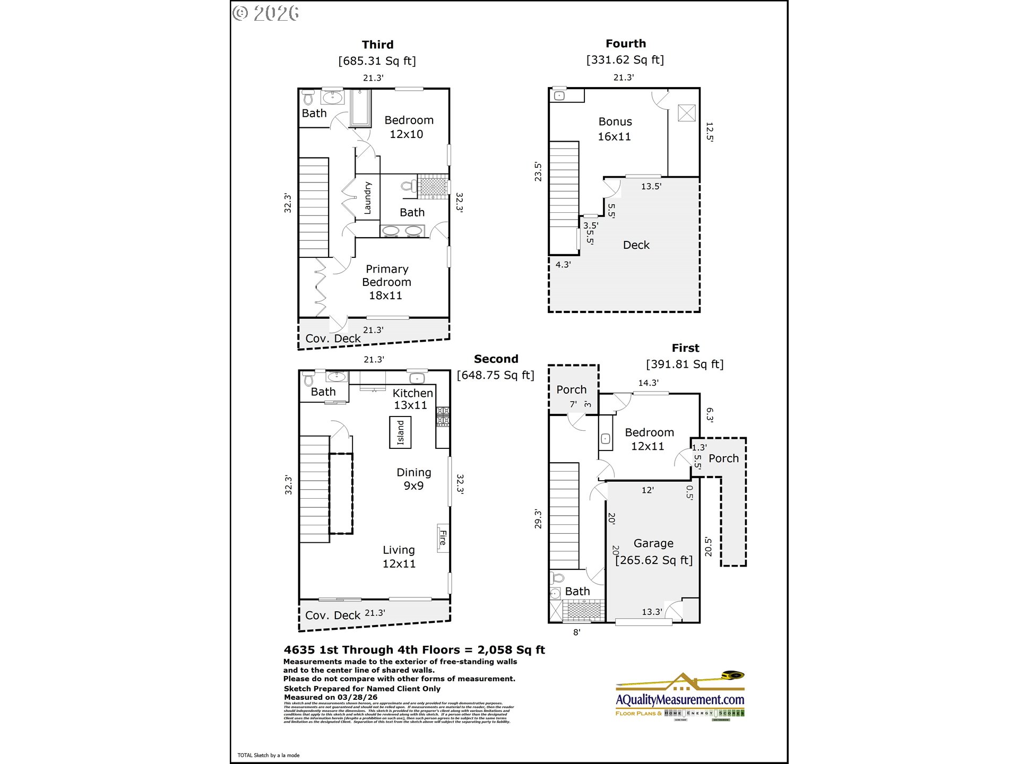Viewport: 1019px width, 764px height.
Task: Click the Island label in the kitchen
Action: [x=401, y=432]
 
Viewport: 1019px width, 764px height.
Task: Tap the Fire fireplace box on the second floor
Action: [x=443, y=538]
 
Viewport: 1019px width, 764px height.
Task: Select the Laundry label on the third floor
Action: [x=367, y=198]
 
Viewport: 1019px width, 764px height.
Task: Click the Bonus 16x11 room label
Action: [x=615, y=129]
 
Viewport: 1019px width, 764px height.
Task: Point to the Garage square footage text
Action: [x=654, y=560]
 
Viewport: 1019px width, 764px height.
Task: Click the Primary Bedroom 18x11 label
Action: [x=386, y=282]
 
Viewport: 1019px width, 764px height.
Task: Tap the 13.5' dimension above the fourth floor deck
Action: [x=651, y=186]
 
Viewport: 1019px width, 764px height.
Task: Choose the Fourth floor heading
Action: [x=626, y=44]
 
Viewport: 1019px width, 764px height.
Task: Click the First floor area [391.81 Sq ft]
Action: [x=685, y=364]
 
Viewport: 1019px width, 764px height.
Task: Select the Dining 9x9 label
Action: [x=413, y=479]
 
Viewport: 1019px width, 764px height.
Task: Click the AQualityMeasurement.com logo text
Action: [x=680, y=700]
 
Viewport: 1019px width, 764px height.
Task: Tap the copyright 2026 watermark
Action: [x=266, y=13]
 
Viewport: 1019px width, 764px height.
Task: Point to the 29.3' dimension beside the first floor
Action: [x=538, y=519]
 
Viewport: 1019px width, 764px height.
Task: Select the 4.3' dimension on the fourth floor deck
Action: [x=563, y=264]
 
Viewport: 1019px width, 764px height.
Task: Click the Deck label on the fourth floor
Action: [x=636, y=245]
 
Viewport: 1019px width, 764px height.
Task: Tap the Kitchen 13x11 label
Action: [x=412, y=399]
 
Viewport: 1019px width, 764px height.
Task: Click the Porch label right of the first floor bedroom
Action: [x=723, y=458]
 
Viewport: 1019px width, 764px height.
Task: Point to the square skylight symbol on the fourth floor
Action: [x=686, y=113]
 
